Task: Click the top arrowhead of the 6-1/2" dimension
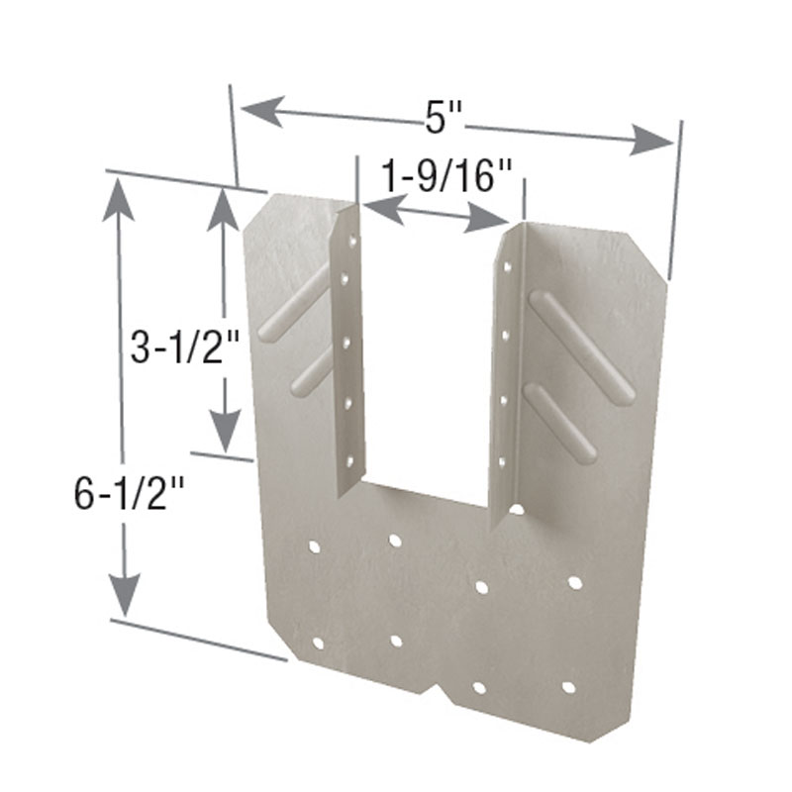(121, 198)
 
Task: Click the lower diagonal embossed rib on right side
(559, 423)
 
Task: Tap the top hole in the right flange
(508, 265)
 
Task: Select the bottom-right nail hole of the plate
(568, 686)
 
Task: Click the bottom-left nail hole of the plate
(318, 643)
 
